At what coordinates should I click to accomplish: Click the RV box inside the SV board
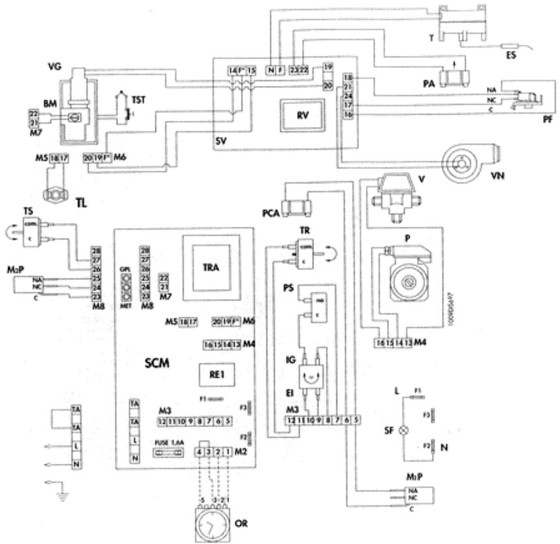click(x=302, y=115)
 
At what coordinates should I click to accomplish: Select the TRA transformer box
click(x=210, y=268)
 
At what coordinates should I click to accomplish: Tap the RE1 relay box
click(x=217, y=374)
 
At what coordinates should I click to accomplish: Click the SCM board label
click(x=157, y=363)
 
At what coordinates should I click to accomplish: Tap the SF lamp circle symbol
click(x=404, y=430)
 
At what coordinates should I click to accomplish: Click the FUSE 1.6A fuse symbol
click(x=169, y=454)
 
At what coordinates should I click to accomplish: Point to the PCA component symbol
click(x=296, y=207)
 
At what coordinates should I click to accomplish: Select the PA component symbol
click(x=455, y=78)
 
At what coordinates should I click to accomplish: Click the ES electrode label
click(x=511, y=56)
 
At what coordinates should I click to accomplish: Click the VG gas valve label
click(x=54, y=67)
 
